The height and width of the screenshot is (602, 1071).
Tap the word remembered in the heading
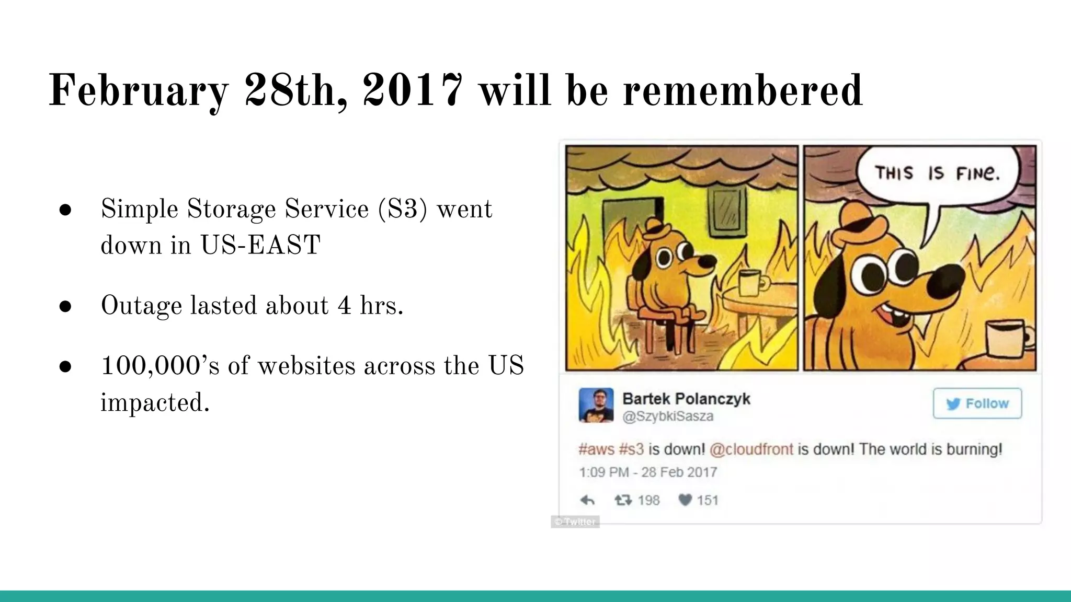click(743, 90)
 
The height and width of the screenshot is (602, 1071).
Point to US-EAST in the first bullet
click(260, 245)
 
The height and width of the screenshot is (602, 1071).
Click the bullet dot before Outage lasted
click(65, 306)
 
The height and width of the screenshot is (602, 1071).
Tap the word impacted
click(155, 402)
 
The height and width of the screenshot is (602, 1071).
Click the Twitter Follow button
click(977, 403)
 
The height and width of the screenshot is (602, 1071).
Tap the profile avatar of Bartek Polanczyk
click(596, 405)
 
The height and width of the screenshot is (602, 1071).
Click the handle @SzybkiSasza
click(668, 416)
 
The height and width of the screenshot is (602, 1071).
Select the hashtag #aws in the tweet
click(596, 449)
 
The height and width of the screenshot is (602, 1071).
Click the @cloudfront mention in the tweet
click(751, 449)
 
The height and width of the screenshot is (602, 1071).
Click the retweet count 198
click(648, 501)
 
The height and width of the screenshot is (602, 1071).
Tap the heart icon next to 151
click(685, 500)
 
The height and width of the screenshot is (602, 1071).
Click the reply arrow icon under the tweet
click(587, 501)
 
